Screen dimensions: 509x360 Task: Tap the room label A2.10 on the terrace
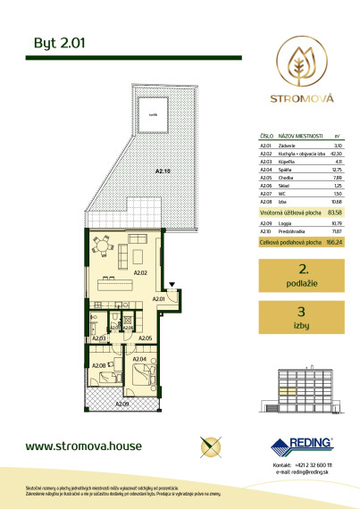[161, 170]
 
